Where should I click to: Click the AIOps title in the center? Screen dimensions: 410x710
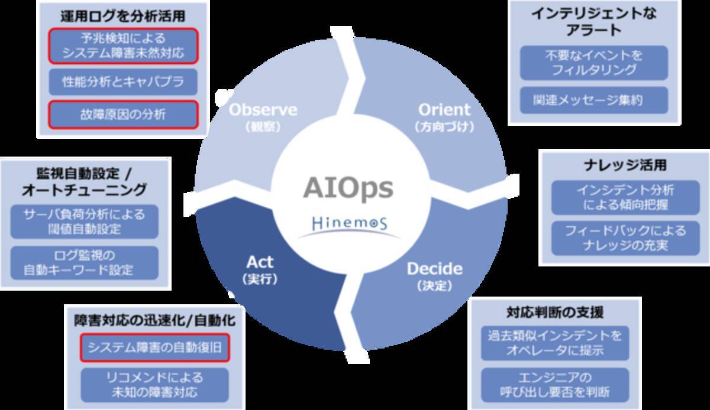tap(348, 188)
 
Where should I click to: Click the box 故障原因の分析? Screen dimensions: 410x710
tap(122, 115)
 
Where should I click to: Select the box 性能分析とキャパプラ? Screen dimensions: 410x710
tap(122, 82)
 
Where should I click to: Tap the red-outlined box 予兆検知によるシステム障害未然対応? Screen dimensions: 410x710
tap(122, 46)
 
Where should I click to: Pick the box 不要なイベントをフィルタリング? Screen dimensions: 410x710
tap(593, 63)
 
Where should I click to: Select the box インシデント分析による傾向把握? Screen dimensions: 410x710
tap(625, 198)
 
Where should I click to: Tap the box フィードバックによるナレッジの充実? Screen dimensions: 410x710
tap(625, 237)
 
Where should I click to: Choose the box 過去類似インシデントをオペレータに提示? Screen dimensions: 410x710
tap(554, 343)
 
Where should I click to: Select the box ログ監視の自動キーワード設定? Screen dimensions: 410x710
tap(84, 263)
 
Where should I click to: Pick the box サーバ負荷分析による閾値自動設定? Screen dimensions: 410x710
tap(84, 221)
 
